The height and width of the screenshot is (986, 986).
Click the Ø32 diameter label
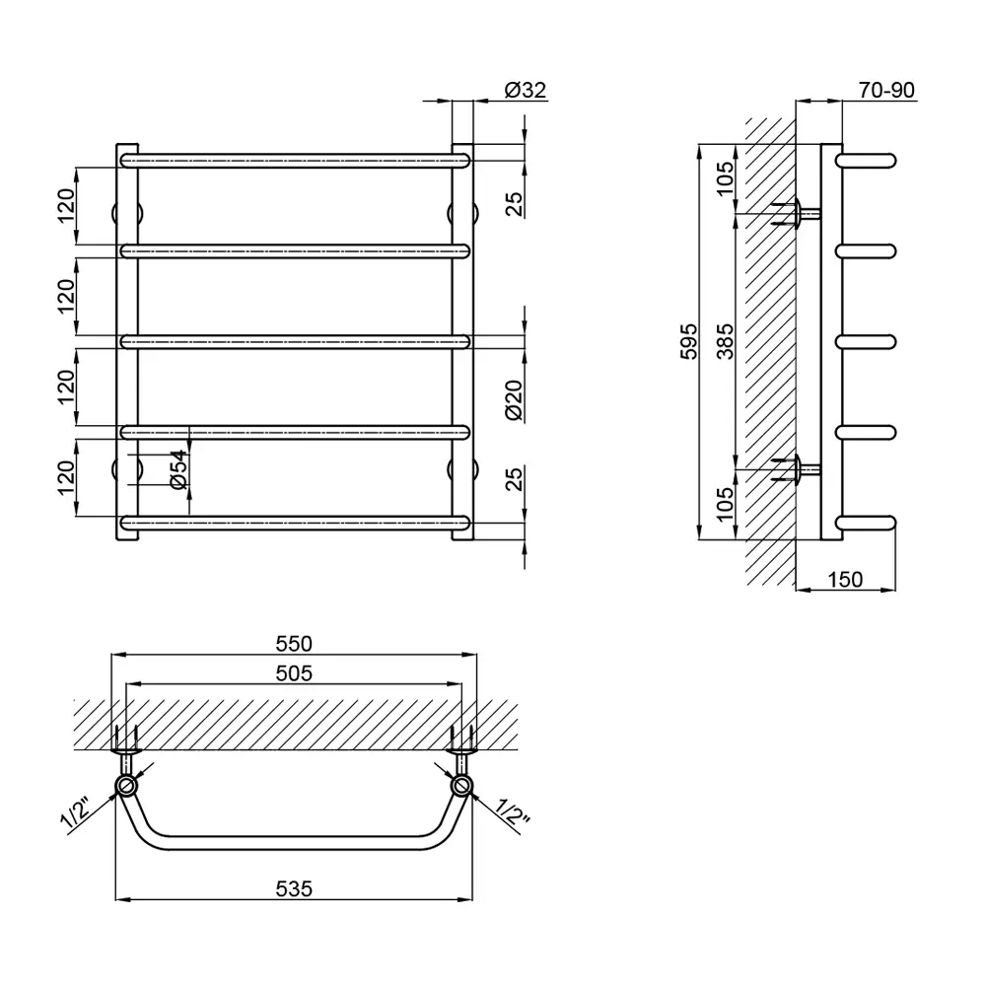(x=526, y=90)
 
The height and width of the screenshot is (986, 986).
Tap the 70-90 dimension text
(x=886, y=90)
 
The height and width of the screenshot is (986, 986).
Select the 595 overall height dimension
(x=690, y=341)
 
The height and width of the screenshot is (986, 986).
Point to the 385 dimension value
(x=726, y=341)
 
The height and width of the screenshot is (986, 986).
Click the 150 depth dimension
(x=845, y=579)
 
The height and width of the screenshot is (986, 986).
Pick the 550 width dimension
(x=294, y=644)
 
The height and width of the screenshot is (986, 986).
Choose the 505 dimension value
(x=294, y=673)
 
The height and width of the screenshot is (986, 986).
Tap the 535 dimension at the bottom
(x=294, y=888)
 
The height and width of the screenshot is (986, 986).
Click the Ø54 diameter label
(x=178, y=469)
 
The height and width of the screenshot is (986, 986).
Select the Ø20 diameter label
(x=514, y=400)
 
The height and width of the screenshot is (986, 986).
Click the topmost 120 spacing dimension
(x=66, y=206)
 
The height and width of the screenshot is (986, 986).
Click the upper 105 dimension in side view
(x=725, y=178)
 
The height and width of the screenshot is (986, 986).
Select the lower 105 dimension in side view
(x=725, y=504)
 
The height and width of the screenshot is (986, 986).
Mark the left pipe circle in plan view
(x=126, y=786)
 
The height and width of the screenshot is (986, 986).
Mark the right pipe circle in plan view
(x=461, y=786)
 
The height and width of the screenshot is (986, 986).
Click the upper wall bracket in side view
(x=798, y=214)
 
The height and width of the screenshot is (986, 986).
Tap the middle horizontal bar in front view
(x=295, y=341)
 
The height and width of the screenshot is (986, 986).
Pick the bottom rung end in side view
(x=866, y=524)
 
